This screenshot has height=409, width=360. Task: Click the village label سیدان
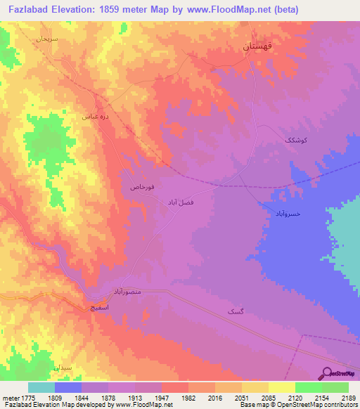coord(62,368)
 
